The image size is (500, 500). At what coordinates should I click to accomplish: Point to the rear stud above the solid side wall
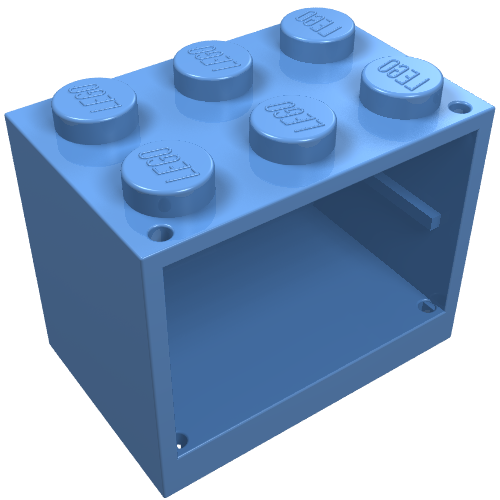pos(96,105)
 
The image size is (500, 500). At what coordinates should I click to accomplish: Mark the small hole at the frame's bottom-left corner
pos(181,437)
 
